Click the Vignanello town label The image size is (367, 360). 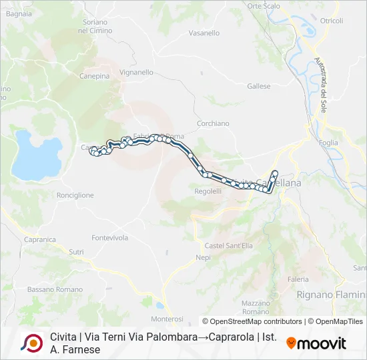[x=136, y=72]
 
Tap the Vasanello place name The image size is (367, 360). [x=204, y=33]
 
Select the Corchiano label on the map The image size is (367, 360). [x=213, y=123]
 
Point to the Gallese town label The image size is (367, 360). [x=259, y=86]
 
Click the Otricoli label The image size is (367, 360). [x=331, y=21]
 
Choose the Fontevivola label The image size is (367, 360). [x=109, y=237]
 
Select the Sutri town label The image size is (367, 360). [x=77, y=252]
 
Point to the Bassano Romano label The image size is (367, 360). [x=55, y=289]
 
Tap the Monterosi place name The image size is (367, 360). [x=167, y=319]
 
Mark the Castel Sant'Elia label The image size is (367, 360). [x=228, y=245]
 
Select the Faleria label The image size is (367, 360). [x=298, y=279]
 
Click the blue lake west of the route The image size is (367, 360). [x=36, y=155]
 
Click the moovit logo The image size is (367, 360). [x=316, y=343]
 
